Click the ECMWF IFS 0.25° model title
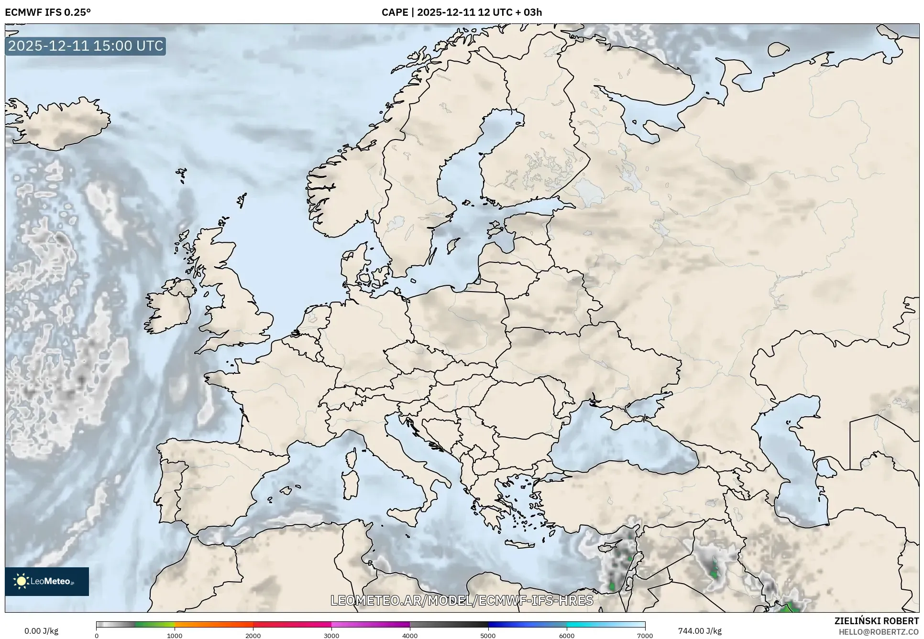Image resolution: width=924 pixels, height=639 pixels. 47,12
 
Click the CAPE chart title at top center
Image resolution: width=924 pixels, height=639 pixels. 462,12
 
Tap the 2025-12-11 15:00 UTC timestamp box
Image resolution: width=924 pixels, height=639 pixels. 86,46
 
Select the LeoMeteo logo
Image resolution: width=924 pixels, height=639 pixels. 47,581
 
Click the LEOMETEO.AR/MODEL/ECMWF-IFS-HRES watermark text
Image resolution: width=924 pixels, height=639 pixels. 462,600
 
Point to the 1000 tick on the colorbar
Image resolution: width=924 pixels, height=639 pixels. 175,635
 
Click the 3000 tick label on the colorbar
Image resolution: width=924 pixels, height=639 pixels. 331,635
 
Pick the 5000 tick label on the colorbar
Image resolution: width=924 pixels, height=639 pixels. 488,635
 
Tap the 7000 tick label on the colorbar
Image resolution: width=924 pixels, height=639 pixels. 645,635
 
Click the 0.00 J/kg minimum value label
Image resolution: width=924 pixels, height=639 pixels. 41,631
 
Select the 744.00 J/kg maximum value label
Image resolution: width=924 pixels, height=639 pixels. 700,631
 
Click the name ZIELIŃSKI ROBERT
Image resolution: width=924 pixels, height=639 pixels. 876,621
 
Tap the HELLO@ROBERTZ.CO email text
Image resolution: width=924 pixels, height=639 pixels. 879,631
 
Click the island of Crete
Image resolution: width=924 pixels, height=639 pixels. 519,544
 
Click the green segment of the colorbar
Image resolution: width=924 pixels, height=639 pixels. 154,624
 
